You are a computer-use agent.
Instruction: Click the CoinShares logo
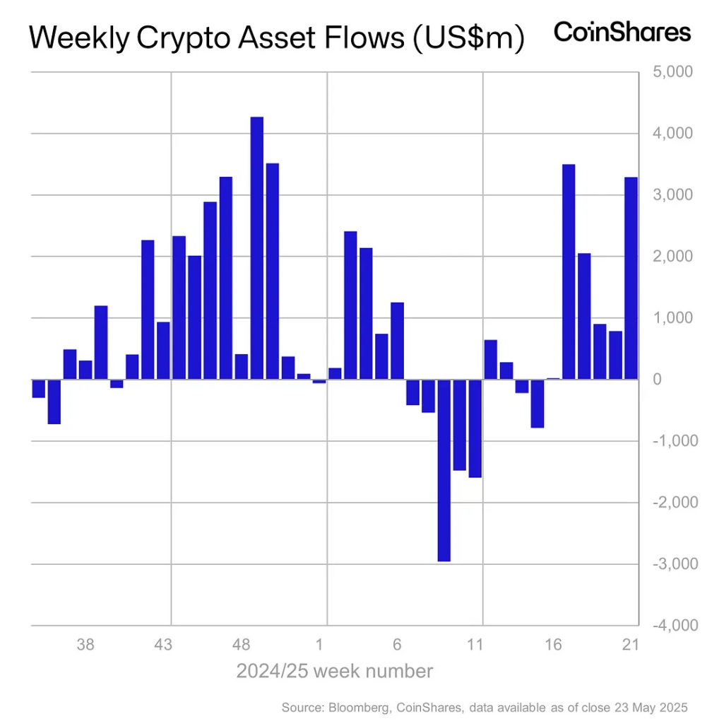pos(622,33)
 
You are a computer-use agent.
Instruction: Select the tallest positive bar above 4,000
pos(257,247)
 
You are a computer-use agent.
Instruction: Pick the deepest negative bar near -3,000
pos(444,470)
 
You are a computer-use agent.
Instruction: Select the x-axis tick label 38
pos(85,645)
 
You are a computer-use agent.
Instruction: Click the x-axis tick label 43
pos(163,645)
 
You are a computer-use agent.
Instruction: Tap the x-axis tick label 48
pos(242,645)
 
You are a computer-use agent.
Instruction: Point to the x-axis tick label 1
pos(319,645)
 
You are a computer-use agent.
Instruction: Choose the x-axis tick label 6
pos(397,645)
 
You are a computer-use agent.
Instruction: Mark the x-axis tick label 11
pos(475,645)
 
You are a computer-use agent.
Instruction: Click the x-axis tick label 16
pos(553,645)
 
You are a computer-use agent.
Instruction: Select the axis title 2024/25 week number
pos(334,671)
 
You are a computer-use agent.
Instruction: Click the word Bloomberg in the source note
pos(356,707)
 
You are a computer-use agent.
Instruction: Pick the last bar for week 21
pos(631,278)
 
